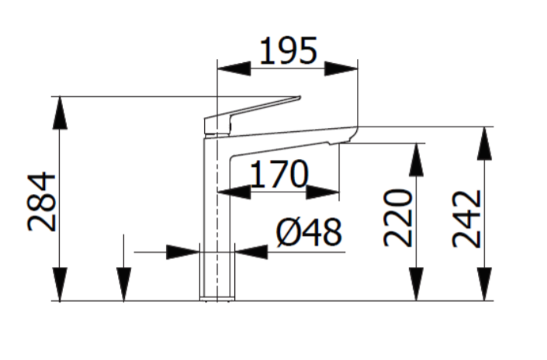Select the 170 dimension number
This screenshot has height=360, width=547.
[278, 175]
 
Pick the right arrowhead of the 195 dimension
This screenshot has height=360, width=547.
[341, 67]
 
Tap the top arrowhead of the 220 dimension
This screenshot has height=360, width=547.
[417, 160]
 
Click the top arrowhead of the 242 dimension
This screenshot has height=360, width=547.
[486, 143]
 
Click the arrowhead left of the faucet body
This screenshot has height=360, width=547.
[183, 251]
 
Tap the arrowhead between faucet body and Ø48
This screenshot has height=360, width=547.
[251, 251]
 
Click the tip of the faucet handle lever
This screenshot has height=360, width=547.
[298, 98]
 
